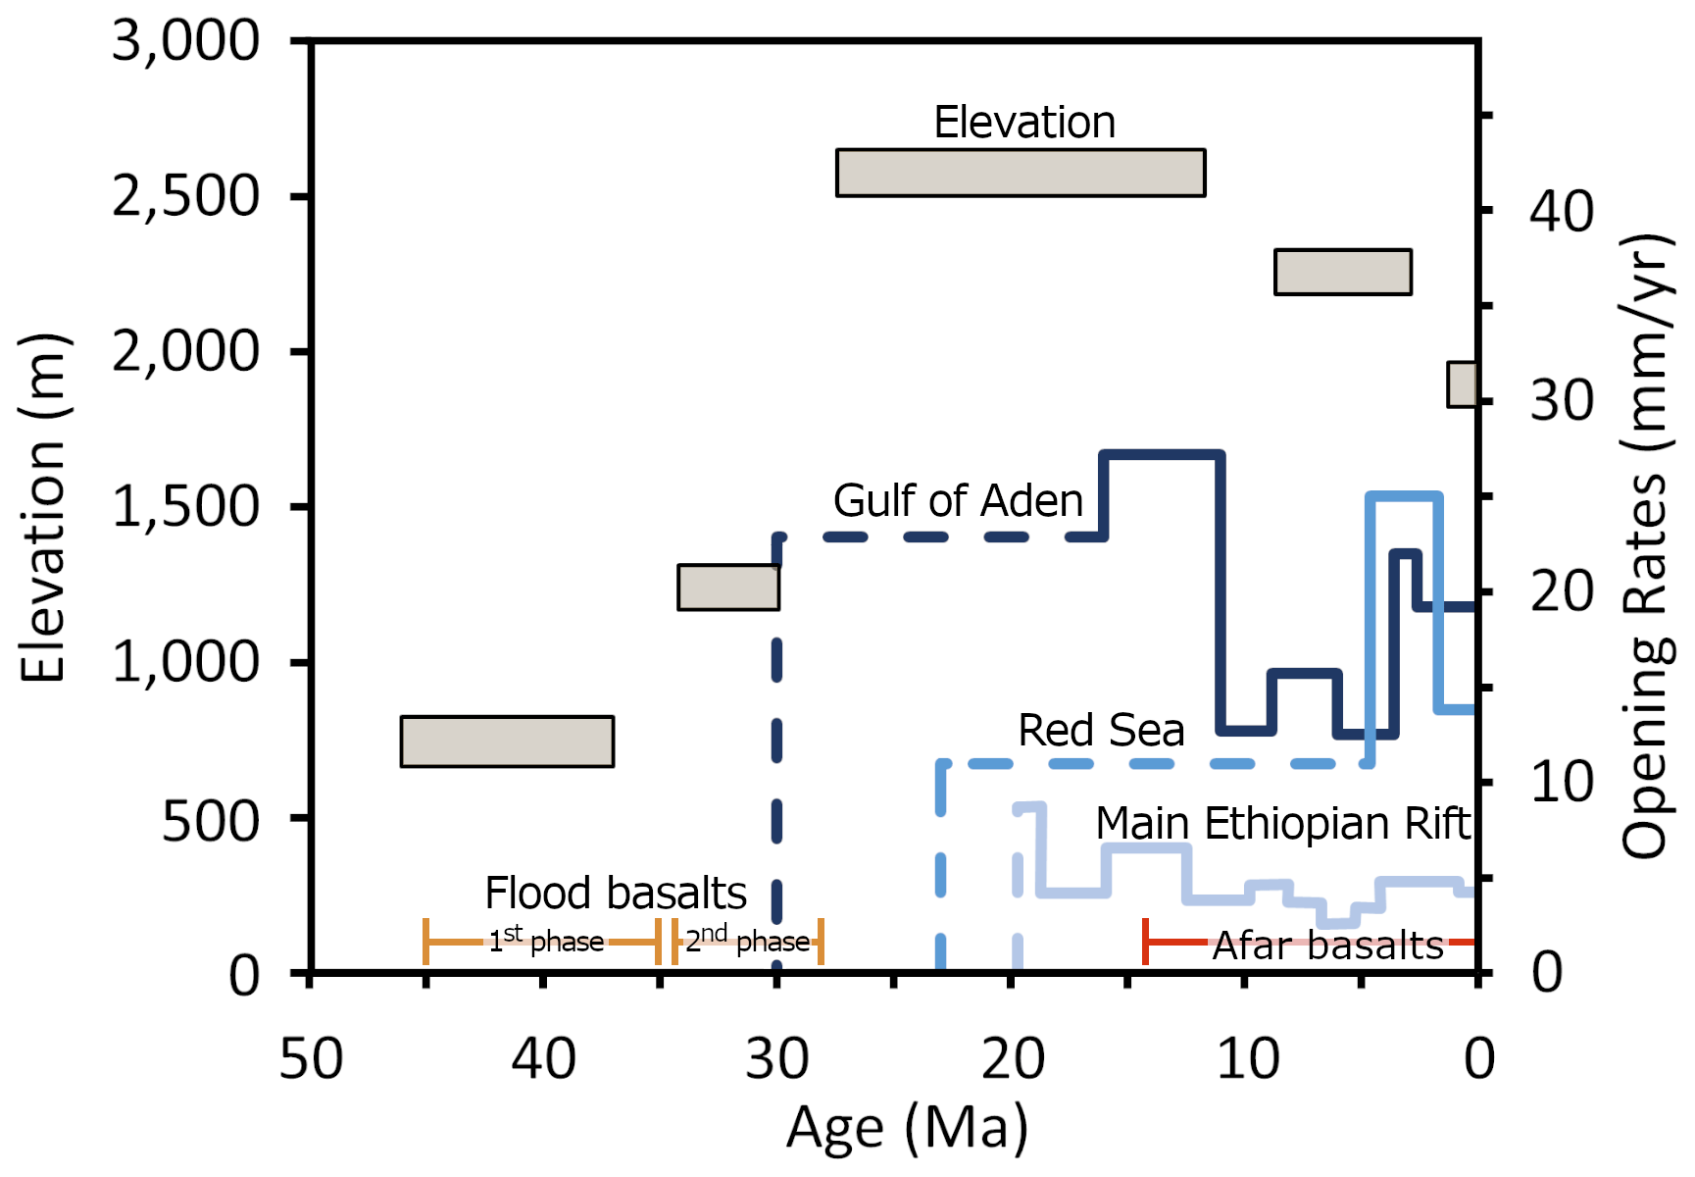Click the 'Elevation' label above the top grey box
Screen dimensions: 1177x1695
click(1024, 124)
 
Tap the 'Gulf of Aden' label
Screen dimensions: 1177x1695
click(958, 501)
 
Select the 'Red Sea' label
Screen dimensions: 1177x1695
click(1101, 731)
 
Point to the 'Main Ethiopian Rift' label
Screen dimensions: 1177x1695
click(1282, 824)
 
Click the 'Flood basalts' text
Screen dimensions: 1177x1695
click(616, 894)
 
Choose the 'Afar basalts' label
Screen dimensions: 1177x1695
click(1328, 947)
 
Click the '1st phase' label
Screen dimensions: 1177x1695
click(546, 942)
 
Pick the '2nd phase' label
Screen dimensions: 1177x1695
click(747, 941)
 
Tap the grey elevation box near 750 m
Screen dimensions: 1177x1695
click(507, 742)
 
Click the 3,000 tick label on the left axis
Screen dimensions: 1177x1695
click(185, 42)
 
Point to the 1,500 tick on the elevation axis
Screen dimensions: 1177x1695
click(185, 507)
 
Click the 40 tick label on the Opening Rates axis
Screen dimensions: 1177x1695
click(1562, 211)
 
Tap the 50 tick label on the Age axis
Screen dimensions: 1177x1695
click(311, 1059)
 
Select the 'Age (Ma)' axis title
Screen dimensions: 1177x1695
click(907, 1128)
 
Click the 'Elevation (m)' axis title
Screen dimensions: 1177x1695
click(43, 508)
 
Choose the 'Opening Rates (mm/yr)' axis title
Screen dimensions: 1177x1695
click(1647, 545)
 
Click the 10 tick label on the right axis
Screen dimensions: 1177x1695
click(1562, 783)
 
